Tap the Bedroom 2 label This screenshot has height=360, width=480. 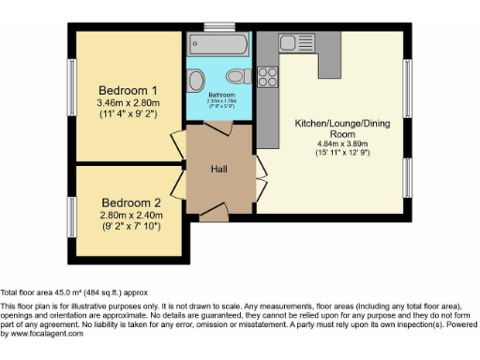click(132, 202)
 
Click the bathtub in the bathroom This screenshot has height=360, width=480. click(217, 44)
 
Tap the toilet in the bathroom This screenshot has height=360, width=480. click(238, 76)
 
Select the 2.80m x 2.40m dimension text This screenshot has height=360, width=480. click(132, 215)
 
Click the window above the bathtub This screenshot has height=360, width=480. click(219, 26)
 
